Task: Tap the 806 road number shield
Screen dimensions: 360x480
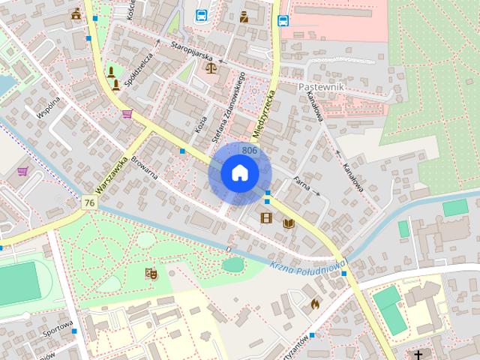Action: (x=250, y=151)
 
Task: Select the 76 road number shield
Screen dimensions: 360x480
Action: (x=90, y=203)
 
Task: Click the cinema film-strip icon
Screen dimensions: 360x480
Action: (x=266, y=218)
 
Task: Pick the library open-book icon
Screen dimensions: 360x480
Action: (x=289, y=223)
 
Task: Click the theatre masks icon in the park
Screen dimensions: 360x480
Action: (x=151, y=274)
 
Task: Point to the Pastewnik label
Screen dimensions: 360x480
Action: (x=321, y=87)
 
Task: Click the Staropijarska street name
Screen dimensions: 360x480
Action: (x=192, y=56)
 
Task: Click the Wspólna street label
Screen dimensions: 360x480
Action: (x=48, y=108)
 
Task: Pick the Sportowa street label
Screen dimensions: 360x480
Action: (x=57, y=328)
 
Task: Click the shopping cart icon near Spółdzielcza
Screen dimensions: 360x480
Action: (x=127, y=114)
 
